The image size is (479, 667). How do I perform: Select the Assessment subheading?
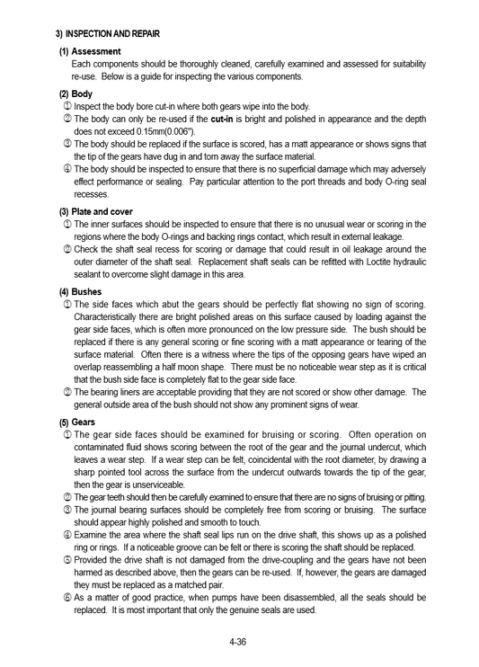pyautogui.click(x=96, y=51)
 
